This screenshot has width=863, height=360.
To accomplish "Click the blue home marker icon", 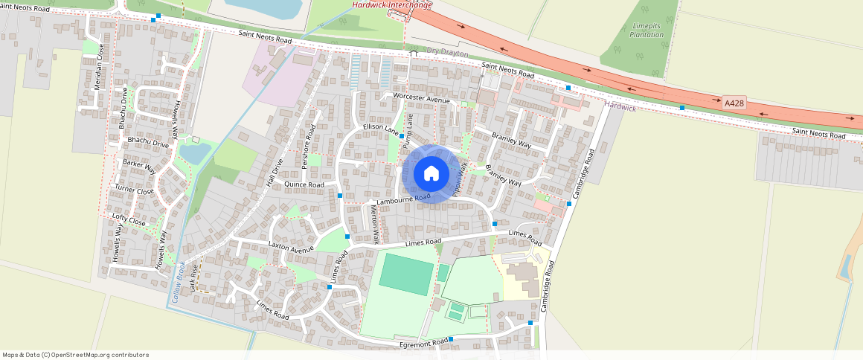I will pos(431,173).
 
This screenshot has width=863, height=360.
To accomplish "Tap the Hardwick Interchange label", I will pos(391,5).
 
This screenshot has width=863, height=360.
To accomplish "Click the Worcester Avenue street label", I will pos(422,99).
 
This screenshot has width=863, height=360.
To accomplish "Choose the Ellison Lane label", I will pos(381,129).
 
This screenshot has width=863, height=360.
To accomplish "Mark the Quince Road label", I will pos(304,184).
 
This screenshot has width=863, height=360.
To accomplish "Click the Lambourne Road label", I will pos(403,199).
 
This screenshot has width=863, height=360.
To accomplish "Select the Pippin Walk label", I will pos(459,179).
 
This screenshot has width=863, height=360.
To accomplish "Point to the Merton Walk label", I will pos(375,224).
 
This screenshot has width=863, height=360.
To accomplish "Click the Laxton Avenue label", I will pos(291,247).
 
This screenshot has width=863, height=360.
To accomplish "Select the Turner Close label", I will pos(134,190).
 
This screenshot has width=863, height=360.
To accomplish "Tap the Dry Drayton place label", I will pos(447,51).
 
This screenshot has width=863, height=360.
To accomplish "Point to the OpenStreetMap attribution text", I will pos(75,355).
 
